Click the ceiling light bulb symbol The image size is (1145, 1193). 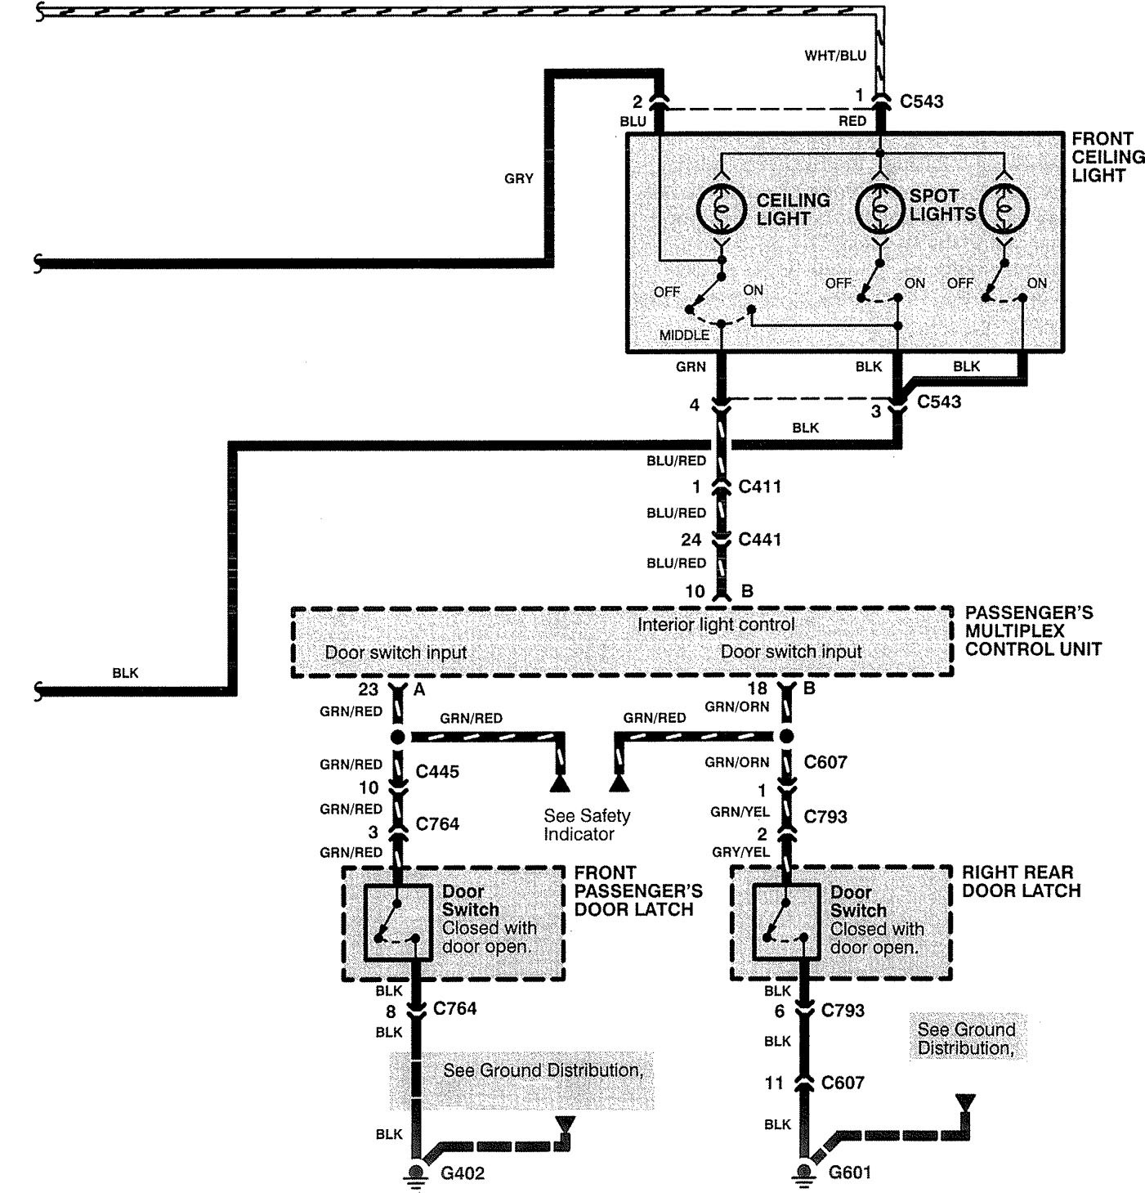(722, 209)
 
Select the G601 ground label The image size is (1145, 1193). (850, 1173)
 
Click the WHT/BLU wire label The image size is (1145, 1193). (835, 56)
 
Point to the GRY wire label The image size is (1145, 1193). (519, 178)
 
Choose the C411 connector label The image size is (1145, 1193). (760, 487)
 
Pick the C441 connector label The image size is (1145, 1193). (760, 540)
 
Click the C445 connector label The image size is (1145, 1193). (437, 771)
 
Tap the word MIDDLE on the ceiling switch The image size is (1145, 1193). (684, 335)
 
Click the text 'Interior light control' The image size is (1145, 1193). (716, 625)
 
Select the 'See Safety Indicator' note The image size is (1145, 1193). (587, 824)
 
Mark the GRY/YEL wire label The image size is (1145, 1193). (740, 852)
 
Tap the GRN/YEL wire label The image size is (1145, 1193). (740, 812)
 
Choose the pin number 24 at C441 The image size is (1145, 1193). (691, 540)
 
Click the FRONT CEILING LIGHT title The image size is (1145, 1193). (1107, 157)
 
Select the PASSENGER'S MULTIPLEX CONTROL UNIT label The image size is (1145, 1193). (1034, 630)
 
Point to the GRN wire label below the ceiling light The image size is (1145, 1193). (691, 366)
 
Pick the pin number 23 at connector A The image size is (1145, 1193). (369, 689)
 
